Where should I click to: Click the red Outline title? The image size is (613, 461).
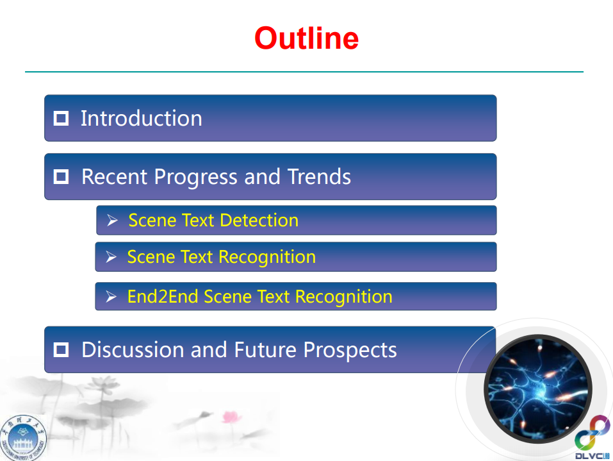[306, 38]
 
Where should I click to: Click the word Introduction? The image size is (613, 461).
[142, 118]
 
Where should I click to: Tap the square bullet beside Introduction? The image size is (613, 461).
[61, 118]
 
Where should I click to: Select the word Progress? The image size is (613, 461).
[195, 177]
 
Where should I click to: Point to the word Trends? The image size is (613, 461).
[319, 176]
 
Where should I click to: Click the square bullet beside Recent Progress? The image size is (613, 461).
[61, 176]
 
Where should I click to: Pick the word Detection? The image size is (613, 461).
[259, 221]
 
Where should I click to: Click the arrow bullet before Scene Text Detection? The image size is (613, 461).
[112, 221]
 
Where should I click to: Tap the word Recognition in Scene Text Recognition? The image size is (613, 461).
[267, 258]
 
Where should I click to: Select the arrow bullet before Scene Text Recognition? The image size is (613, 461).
[111, 256]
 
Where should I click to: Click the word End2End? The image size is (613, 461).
[163, 297]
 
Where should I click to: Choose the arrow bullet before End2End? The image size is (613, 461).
[111, 297]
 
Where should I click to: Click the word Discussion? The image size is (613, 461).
[133, 349]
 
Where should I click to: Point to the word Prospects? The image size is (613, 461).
[350, 350]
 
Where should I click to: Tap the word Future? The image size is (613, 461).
[265, 349]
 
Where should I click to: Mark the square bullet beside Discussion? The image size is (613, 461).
[61, 349]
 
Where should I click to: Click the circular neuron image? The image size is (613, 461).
[538, 389]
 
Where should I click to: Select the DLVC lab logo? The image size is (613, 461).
[592, 437]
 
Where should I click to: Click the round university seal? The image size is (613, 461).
[24, 439]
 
